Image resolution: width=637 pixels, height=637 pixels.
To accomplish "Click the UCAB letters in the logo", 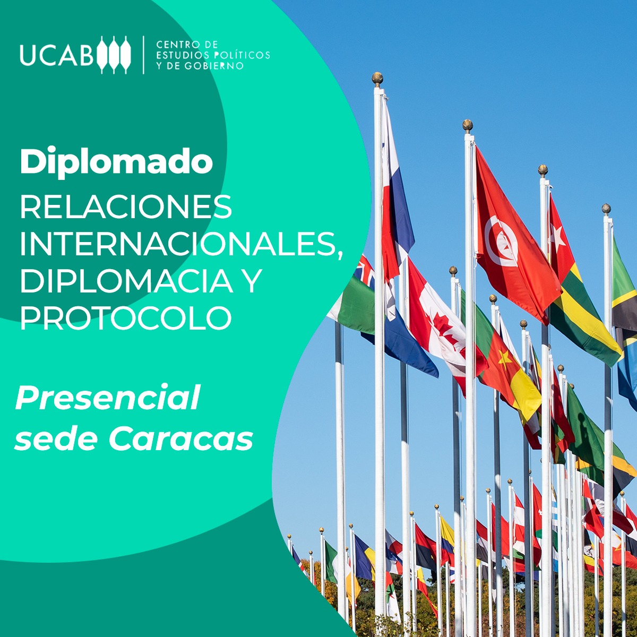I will click(x=57, y=54).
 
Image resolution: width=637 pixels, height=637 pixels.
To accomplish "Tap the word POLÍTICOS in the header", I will click(x=242, y=55).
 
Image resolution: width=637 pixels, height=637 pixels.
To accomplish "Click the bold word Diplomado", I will click(x=116, y=162).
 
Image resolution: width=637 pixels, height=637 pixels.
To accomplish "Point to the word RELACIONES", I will click(x=126, y=207).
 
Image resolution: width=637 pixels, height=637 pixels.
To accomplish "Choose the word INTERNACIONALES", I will click(x=181, y=245).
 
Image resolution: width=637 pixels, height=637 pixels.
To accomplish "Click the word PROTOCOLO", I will click(x=126, y=317).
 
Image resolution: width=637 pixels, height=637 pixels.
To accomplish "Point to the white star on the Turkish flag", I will click(x=557, y=234).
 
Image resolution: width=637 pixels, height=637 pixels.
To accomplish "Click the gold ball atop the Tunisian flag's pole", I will click(x=467, y=125).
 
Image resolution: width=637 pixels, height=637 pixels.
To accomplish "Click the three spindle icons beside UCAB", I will click(x=114, y=54).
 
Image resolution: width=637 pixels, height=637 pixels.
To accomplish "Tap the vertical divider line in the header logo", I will click(x=143, y=55).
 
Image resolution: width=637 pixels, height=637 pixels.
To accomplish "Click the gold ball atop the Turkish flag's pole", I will click(x=543, y=170).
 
